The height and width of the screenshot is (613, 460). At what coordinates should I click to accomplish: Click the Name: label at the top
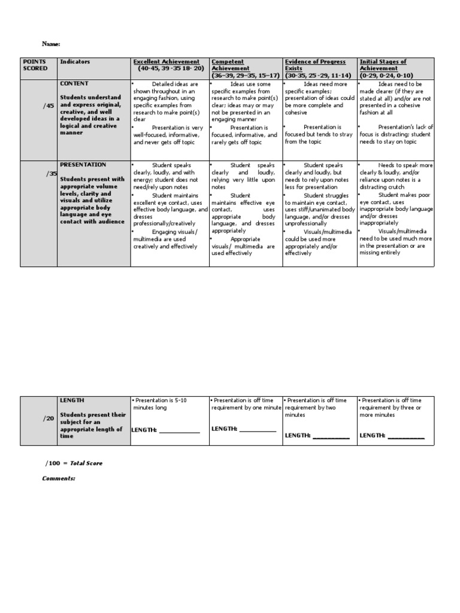click(51, 44)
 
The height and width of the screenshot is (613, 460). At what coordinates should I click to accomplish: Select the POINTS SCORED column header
click(35, 65)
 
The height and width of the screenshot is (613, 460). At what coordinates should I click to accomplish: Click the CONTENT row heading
click(74, 84)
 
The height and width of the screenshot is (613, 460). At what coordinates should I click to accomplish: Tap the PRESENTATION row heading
click(83, 165)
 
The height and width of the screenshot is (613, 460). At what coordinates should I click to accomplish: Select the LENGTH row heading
click(72, 400)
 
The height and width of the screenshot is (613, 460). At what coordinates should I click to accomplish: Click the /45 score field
click(48, 106)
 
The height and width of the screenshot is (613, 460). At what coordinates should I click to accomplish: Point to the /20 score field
click(48, 419)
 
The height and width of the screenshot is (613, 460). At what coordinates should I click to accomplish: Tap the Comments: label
click(59, 478)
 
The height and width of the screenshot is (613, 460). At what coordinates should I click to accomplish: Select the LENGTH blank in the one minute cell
click(258, 430)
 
